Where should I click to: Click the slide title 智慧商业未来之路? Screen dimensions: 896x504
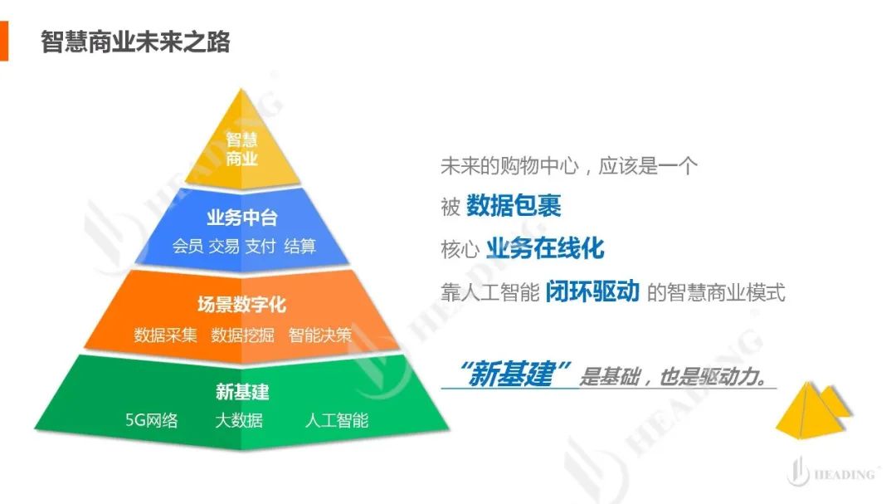(135, 42)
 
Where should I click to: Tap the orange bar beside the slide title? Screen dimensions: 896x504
(4, 41)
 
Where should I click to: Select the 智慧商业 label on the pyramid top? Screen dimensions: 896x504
(241, 149)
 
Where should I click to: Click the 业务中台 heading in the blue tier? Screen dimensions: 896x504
(241, 218)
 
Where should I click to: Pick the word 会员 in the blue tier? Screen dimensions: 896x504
(187, 246)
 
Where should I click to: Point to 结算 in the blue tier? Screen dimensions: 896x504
(300, 246)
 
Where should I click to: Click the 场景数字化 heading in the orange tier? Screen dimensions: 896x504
(241, 305)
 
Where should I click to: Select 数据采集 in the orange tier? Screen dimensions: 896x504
(165, 335)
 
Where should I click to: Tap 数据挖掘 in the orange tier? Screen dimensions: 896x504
(242, 335)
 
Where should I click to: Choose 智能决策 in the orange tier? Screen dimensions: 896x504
(320, 335)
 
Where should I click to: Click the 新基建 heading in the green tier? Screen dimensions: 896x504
(242, 392)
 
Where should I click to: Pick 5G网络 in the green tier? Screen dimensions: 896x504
(152, 420)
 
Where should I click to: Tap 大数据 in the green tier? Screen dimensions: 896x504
(239, 420)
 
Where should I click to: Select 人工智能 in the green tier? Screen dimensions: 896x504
(337, 420)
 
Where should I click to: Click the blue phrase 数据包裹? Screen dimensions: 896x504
(514, 206)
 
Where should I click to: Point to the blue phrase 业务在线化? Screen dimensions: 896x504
(545, 248)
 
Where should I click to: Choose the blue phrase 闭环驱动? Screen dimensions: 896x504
(592, 291)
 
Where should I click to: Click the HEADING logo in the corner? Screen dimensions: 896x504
(830, 472)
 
